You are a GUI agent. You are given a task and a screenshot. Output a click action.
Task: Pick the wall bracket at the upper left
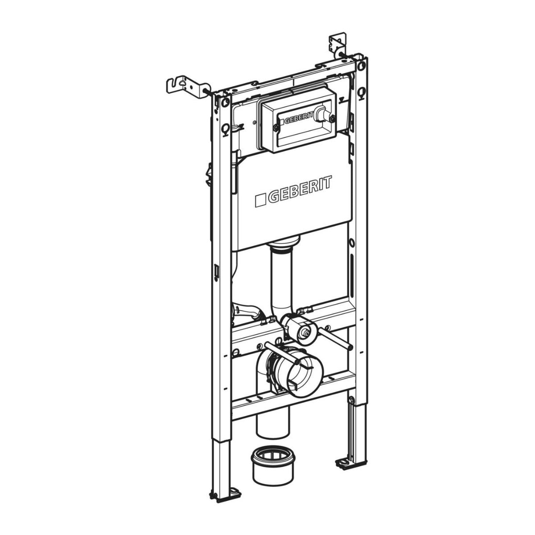click(187, 86)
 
